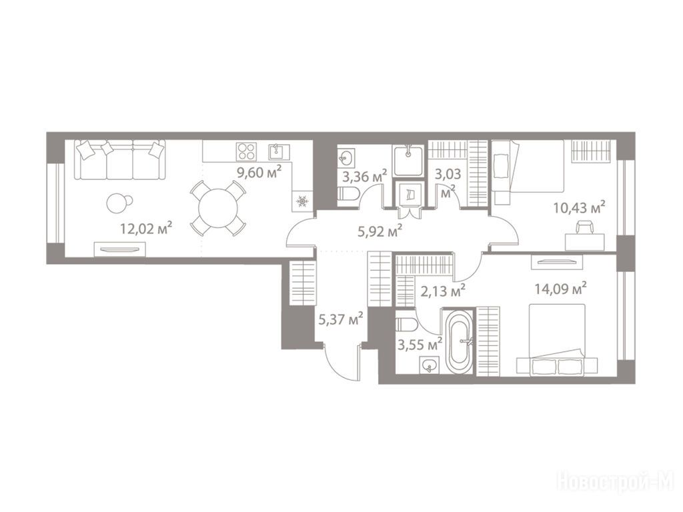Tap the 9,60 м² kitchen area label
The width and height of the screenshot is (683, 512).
[x=259, y=173]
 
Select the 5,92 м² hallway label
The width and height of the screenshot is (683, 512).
[x=380, y=231]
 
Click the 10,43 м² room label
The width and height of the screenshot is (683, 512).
[x=580, y=208]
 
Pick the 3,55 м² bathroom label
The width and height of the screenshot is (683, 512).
[x=420, y=345]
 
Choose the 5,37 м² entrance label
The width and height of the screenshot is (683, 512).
[x=341, y=320]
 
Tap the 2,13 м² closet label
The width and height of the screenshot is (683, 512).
[x=443, y=291]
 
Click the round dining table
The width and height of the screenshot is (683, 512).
[x=217, y=208]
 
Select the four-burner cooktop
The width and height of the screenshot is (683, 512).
[x=246, y=151]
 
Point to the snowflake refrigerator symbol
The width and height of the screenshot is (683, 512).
[x=303, y=201]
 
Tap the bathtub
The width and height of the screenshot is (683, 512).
[x=459, y=341]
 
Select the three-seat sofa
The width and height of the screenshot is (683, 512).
[x=120, y=159]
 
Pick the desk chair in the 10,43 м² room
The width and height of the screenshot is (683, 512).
[x=585, y=227]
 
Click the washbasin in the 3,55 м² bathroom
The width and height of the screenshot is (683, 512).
[x=430, y=365]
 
